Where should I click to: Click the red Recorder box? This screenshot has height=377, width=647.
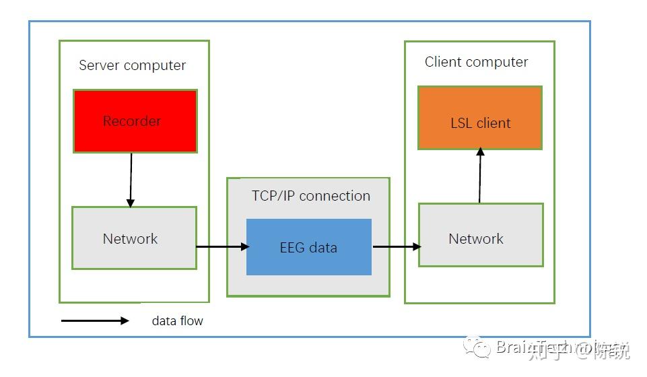coord(135,121)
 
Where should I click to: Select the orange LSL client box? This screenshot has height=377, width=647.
coord(480,118)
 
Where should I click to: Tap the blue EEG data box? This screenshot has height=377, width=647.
coord(309,247)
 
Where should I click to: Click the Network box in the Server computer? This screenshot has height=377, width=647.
coord(134,238)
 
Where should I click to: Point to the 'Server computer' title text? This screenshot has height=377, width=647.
coord(133,65)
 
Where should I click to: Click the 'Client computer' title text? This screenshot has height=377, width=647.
coord(476,62)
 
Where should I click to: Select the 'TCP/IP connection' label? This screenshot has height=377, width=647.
coord(311,196)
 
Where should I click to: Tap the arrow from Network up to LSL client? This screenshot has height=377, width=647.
coord(480,176)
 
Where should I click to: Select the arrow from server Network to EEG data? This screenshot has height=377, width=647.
coord(222,247)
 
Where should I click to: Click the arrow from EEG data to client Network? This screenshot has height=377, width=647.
coord(397,247)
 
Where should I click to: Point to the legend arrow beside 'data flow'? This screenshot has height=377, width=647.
coord(95,321)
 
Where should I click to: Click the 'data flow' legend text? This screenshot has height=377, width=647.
coord(177,321)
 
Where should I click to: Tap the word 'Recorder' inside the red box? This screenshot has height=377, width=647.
coord(132,121)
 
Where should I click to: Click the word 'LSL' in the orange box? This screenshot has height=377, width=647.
coord(462,123)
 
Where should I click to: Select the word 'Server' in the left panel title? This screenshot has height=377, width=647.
coord(99,65)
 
